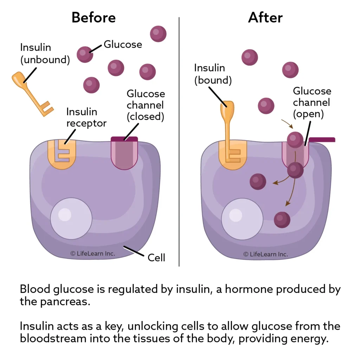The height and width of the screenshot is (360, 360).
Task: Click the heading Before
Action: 94,17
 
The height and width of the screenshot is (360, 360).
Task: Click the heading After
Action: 265,17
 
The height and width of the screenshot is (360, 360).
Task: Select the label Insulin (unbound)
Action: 45,53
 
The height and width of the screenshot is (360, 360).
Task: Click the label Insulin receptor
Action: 86,117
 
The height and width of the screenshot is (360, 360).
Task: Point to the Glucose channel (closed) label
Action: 146,105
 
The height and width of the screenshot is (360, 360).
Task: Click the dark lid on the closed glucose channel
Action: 124,139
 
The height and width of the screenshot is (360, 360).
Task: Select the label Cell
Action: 156,258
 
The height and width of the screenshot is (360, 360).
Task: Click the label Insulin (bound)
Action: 213,74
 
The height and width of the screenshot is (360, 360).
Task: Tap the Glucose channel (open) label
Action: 312,102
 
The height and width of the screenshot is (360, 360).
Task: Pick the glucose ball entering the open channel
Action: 295,140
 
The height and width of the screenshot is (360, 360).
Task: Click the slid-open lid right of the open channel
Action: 322,140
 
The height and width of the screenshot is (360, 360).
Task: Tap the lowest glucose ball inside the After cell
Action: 282,219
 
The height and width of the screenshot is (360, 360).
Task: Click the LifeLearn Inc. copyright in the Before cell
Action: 92,253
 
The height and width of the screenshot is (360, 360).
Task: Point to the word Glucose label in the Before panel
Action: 123,44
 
